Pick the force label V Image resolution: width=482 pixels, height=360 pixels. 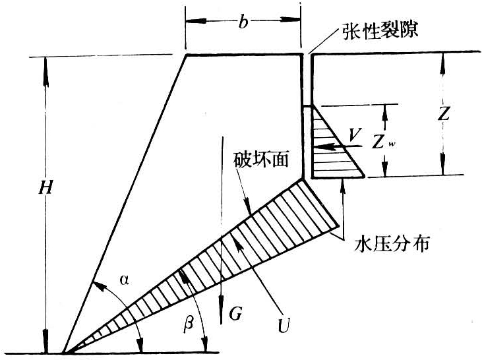point(355,134)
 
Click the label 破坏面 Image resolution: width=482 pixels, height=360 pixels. point(262,160)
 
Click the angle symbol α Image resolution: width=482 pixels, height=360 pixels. point(124,280)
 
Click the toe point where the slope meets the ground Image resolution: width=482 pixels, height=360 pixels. point(64,351)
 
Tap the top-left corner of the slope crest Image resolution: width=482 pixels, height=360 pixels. point(187,55)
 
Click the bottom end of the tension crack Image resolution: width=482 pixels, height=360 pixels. point(304,178)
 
